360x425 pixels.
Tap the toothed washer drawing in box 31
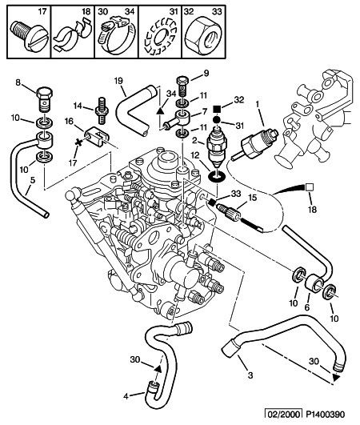(x=158, y=39)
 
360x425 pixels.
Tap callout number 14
(x=79, y=106)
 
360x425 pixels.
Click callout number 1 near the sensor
(x=258, y=105)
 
